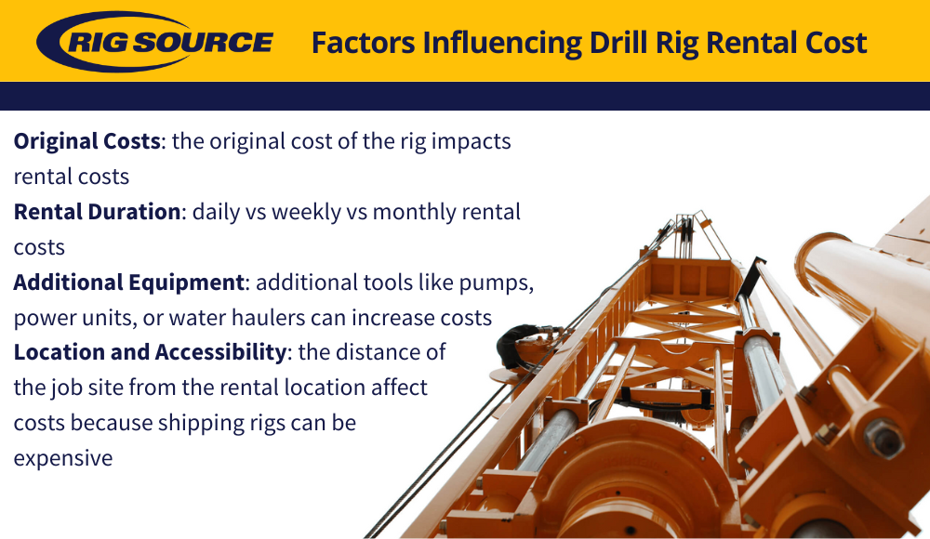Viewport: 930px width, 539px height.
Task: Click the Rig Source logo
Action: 155,42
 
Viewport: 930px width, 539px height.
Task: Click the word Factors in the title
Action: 363,43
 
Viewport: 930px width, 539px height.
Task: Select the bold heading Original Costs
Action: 87,141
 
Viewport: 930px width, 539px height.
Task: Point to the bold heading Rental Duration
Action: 98,212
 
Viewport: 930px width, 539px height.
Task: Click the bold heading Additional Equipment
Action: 128,283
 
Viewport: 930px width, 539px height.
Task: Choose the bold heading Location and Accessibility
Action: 150,352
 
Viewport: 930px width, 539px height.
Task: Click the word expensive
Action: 63,458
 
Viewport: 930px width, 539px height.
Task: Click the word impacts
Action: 471,142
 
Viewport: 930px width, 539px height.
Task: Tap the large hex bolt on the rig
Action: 883,439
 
